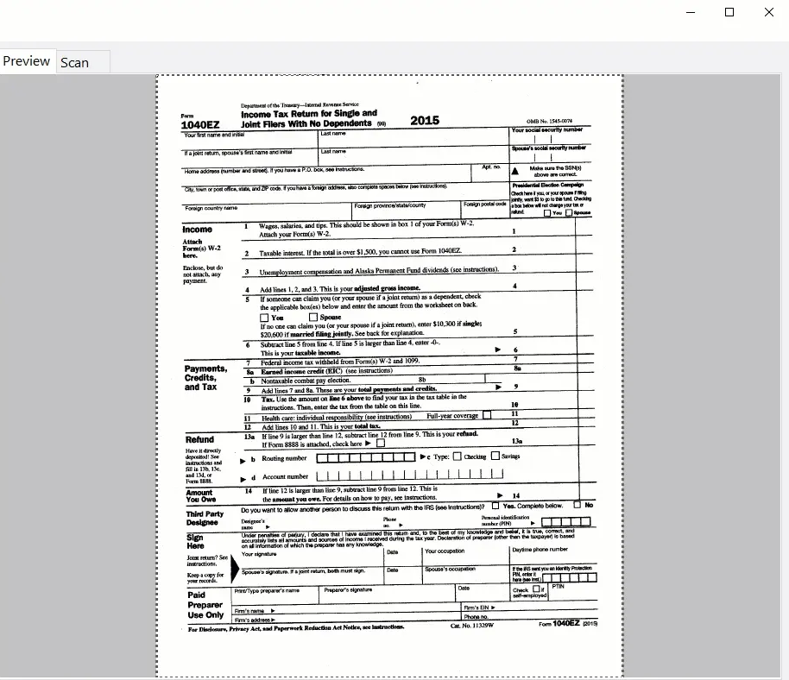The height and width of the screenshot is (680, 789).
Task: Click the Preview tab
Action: coord(26,61)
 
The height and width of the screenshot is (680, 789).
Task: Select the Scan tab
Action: coord(75,62)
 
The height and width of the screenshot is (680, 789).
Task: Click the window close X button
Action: coord(769,12)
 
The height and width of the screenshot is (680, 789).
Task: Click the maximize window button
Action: coord(729,12)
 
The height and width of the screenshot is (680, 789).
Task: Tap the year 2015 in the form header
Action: coord(425,121)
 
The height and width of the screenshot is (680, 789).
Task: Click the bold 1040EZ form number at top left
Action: coord(200,125)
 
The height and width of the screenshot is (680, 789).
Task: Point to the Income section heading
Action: coord(197,230)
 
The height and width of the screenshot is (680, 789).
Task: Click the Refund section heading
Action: coord(199,439)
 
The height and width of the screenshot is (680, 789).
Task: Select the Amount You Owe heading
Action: coord(199,496)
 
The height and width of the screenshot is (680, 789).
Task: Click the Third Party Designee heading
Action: coord(204,518)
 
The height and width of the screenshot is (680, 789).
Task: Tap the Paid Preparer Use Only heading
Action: coord(205,605)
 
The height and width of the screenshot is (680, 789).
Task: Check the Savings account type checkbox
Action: coord(495,456)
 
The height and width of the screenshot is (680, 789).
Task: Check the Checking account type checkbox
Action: coord(458,456)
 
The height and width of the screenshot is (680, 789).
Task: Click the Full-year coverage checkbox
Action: coord(487,415)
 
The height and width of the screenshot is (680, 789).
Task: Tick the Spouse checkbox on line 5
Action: coord(314,317)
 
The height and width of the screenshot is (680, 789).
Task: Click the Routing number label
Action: coord(284,458)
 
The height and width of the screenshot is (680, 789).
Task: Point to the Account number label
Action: coord(285,476)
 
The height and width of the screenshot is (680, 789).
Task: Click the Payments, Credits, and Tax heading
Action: coord(205,378)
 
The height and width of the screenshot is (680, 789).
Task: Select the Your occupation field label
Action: coord(445,551)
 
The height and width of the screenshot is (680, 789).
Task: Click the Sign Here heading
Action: coord(196,541)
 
